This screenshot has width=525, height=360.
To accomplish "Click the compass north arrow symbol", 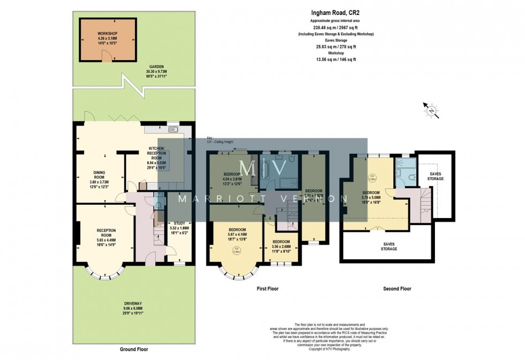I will point(431,111).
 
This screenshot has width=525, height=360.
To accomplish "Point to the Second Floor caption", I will point(397,289).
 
